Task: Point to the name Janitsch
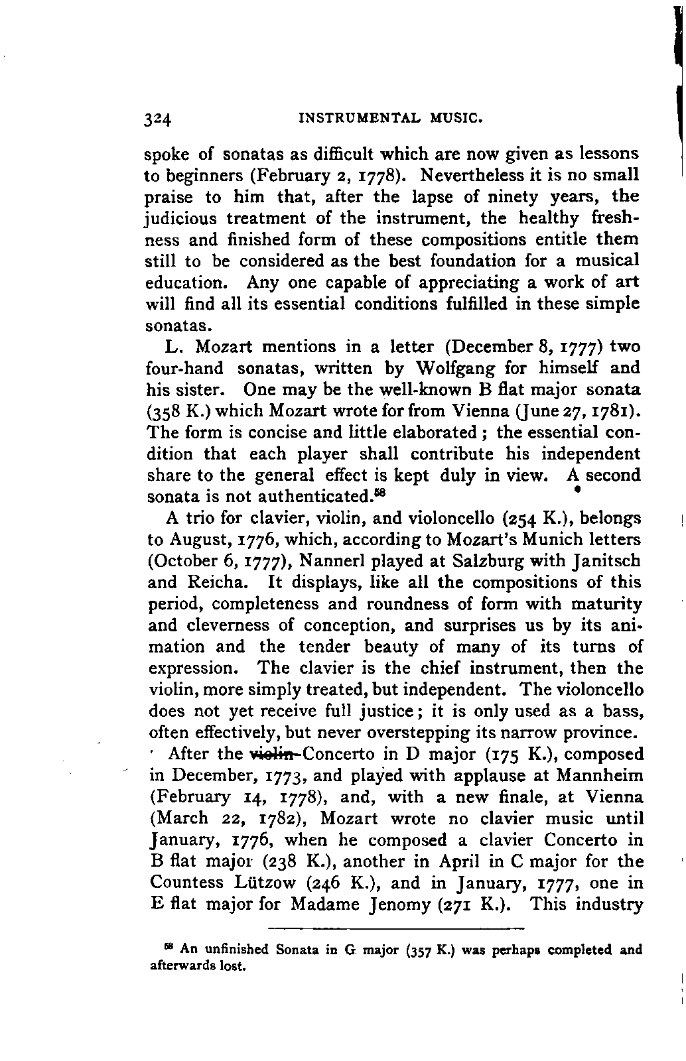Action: click(605, 561)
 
